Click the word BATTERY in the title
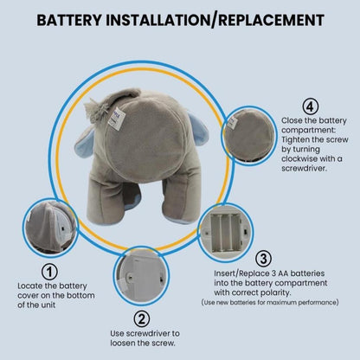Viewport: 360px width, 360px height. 69,20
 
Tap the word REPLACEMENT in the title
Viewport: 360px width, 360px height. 271,20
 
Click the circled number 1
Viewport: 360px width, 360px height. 49,272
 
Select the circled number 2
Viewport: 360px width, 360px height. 142,319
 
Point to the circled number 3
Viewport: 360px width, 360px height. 264,259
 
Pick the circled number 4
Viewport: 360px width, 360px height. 311,106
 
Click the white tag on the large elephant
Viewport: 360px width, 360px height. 117,119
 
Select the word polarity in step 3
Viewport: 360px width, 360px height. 275,292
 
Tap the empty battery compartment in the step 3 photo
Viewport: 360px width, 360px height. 225,232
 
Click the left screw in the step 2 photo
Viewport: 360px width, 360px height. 130,277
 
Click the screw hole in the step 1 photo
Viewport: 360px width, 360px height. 63,228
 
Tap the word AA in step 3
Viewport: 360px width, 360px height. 284,273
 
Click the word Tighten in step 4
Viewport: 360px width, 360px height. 295,140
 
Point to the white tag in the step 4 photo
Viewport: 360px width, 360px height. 232,123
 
